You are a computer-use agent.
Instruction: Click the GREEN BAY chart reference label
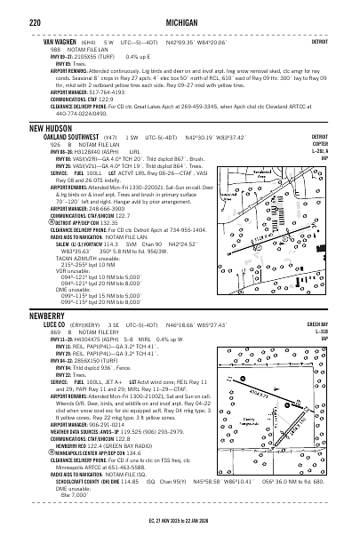pyautogui.click(x=340, y=325)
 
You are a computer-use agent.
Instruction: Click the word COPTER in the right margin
pyautogui.click(x=343, y=144)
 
